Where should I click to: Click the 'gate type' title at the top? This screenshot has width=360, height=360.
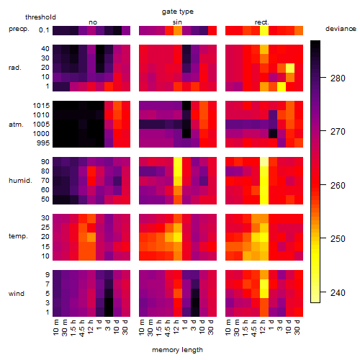[178, 12]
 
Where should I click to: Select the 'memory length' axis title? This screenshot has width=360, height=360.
[177, 350]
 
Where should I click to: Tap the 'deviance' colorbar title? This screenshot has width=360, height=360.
[341, 29]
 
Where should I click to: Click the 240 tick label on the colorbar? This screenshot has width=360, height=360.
[338, 293]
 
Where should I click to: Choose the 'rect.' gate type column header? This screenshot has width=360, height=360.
[261, 22]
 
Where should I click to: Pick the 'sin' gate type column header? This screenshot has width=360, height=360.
[177, 22]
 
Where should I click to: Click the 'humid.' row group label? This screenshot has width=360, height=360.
[20, 181]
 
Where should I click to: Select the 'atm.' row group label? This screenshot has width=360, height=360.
[16, 125]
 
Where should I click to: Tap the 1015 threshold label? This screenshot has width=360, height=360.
[41, 106]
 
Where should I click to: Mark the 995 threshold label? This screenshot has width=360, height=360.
[43, 143]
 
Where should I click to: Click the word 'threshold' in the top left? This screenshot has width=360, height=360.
[40, 17]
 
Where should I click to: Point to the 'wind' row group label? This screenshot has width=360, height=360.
[17, 294]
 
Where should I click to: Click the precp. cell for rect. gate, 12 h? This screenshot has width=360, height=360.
[264, 30]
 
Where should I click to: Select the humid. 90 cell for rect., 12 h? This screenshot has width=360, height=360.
[264, 162]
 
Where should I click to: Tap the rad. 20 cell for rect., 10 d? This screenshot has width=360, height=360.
[290, 68]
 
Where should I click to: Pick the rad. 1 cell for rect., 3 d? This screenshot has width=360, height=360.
[282, 86]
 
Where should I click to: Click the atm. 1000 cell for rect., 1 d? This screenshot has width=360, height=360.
[273, 133]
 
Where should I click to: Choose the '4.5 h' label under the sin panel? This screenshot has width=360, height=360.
[168, 328]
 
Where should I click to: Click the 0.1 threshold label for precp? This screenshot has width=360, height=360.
[44, 30]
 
